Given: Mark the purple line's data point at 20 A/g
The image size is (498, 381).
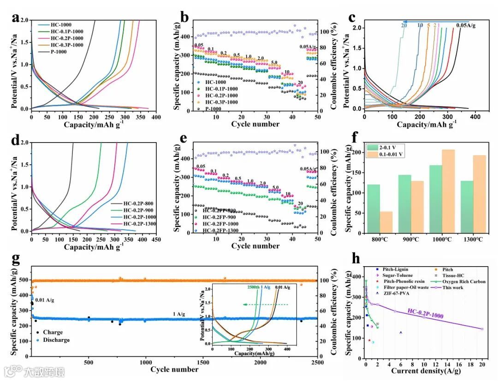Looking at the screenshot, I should pyautogui.click(x=482, y=329).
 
